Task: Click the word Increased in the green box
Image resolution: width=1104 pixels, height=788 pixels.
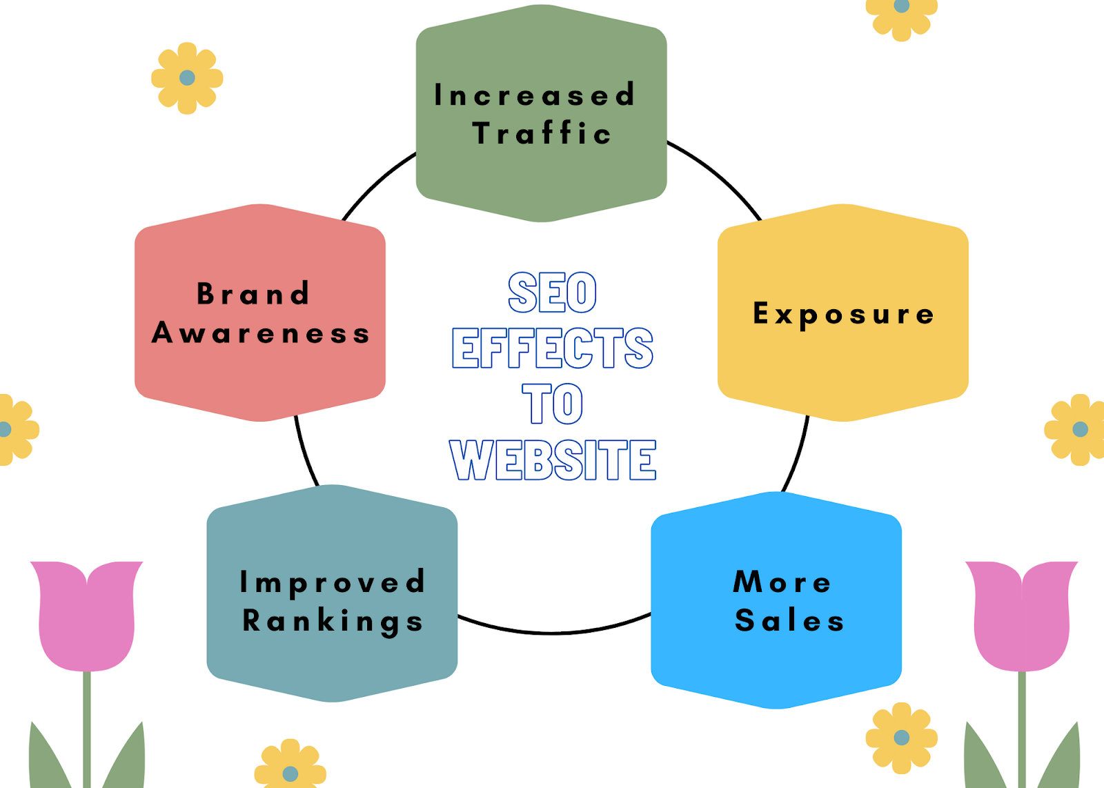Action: [535, 95]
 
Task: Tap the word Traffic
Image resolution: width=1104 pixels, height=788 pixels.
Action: [542, 133]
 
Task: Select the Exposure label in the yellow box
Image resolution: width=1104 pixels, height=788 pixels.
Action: [843, 314]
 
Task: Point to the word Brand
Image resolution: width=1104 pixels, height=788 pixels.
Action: [253, 294]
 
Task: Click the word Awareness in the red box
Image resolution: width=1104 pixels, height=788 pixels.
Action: [261, 333]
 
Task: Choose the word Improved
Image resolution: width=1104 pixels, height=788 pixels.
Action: [332, 582]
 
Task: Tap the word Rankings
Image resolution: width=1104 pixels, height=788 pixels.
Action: [332, 621]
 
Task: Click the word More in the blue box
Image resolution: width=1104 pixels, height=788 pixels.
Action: [782, 582]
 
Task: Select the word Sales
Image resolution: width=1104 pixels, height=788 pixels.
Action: [790, 620]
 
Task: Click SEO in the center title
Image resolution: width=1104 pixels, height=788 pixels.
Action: [552, 293]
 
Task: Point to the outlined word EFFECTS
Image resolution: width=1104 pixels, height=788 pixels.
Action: [552, 348]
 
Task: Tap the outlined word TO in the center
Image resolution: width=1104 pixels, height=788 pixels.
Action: [552, 404]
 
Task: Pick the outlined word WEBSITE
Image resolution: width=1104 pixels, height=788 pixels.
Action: [552, 460]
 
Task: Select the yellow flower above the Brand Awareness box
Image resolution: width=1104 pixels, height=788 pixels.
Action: [187, 78]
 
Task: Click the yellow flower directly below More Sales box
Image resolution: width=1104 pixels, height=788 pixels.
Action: [901, 738]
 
